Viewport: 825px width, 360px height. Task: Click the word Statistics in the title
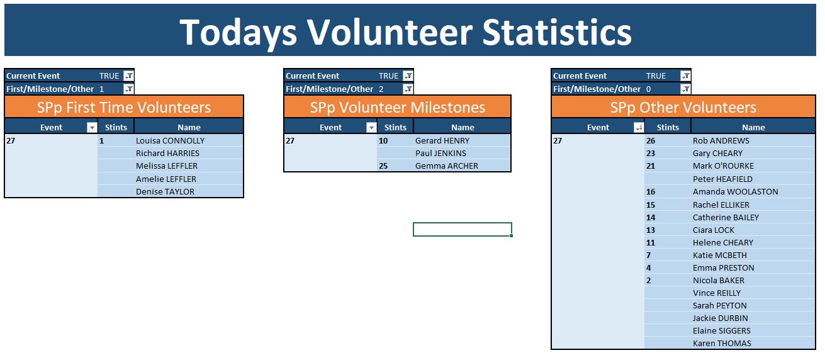pyautogui.click(x=557, y=33)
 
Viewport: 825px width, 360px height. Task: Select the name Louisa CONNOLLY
pyautogui.click(x=170, y=141)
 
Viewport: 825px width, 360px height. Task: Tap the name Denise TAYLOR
pyautogui.click(x=165, y=191)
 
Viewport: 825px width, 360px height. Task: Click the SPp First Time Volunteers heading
pyautogui.click(x=124, y=107)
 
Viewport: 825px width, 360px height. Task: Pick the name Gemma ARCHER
pyautogui.click(x=446, y=166)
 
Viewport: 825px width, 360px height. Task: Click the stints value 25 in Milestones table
pyautogui.click(x=383, y=166)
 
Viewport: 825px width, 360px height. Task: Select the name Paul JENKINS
pyautogui.click(x=441, y=154)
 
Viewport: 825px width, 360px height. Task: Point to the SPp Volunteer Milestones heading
pyautogui.click(x=398, y=107)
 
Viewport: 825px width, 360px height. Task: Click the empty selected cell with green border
pyautogui.click(x=463, y=229)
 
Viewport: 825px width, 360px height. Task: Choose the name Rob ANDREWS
pyautogui.click(x=721, y=141)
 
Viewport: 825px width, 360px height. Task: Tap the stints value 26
pyautogui.click(x=651, y=141)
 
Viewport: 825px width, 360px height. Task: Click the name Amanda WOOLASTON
pyautogui.click(x=735, y=191)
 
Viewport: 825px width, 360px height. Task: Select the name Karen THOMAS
pyautogui.click(x=722, y=344)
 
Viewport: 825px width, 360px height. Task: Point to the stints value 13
pyautogui.click(x=651, y=230)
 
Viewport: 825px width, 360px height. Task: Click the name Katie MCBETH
pyautogui.click(x=720, y=256)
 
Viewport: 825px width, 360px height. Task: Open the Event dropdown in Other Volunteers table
pyautogui.click(x=639, y=128)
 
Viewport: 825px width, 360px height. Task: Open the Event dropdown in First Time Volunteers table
pyautogui.click(x=92, y=128)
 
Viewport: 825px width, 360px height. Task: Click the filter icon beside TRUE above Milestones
pyautogui.click(x=408, y=76)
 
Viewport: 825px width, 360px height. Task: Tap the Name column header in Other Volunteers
pyautogui.click(x=753, y=128)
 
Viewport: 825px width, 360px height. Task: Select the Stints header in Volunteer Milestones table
pyautogui.click(x=395, y=128)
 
